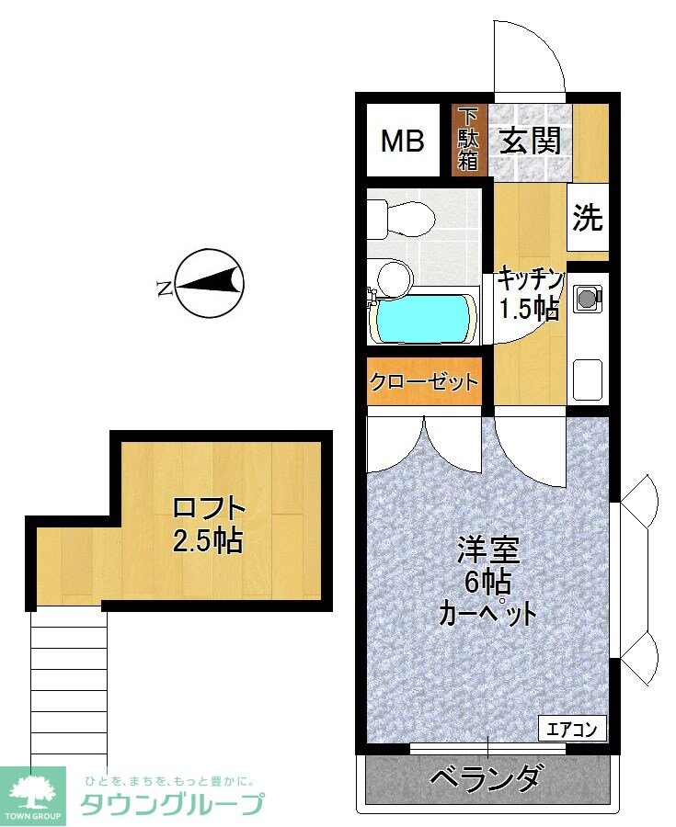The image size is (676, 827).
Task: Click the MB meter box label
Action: coord(403,142)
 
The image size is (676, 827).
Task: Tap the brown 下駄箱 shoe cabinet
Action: coord(469,140)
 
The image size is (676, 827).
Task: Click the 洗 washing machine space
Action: coord(588,218)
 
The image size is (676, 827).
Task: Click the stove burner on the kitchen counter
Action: coord(587,297)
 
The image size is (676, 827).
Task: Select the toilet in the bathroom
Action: coord(401,219)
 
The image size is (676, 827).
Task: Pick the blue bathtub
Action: coord(423,318)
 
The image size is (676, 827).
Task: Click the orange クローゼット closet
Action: coord(424,381)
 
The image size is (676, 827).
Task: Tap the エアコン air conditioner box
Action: coord(572,731)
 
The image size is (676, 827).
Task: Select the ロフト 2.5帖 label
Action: coord(209,524)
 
